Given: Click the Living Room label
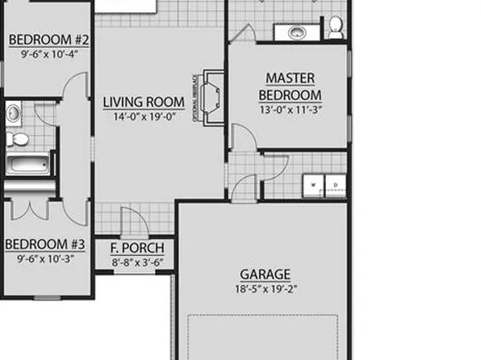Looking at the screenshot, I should pyautogui.click(x=144, y=103).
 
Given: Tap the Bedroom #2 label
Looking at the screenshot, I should pyautogui.click(x=48, y=40).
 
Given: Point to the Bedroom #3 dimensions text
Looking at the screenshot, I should pyautogui.click(x=44, y=259).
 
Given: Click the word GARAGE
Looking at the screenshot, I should pyautogui.click(x=265, y=275).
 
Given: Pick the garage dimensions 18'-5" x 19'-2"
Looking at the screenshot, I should pyautogui.click(x=265, y=289).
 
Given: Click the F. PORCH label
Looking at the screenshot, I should pyautogui.click(x=137, y=248).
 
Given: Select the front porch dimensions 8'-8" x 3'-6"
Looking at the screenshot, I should pyautogui.click(x=137, y=262).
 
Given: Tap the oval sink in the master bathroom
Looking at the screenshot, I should pyautogui.click(x=295, y=32).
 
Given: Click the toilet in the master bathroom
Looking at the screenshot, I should pyautogui.click(x=336, y=29).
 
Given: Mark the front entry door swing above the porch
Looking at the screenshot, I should pyautogui.click(x=131, y=222).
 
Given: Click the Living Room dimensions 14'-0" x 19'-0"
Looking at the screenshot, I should pyautogui.click(x=144, y=116).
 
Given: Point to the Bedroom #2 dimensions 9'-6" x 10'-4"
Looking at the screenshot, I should pyautogui.click(x=48, y=55).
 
